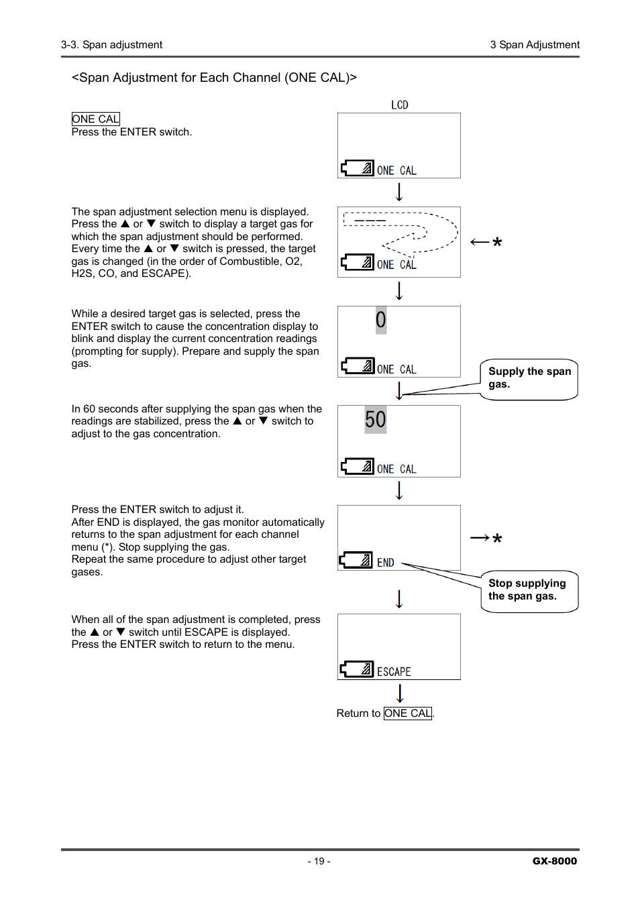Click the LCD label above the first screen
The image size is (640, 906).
click(x=399, y=105)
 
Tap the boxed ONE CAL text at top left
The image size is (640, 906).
click(x=95, y=119)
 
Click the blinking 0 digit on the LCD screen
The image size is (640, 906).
click(x=380, y=320)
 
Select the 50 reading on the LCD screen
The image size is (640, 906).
click(x=376, y=420)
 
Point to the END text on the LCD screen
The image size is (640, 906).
click(x=385, y=563)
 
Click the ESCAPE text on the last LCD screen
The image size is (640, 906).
click(x=394, y=671)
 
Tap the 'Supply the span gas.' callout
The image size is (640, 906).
click(x=529, y=378)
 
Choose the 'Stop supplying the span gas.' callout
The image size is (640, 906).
click(x=529, y=590)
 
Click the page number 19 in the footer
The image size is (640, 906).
click(x=319, y=861)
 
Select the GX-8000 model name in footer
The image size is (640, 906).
click(x=554, y=861)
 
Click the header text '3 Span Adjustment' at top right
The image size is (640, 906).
click(x=535, y=45)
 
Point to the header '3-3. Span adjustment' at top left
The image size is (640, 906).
click(x=111, y=45)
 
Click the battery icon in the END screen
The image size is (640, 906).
click(x=357, y=560)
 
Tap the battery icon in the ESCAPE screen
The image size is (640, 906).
click(x=357, y=669)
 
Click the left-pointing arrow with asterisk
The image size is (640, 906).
click(x=486, y=242)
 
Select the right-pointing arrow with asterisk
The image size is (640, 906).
click(x=486, y=538)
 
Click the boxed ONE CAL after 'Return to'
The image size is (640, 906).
click(x=408, y=713)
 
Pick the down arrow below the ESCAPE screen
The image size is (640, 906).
click(x=400, y=693)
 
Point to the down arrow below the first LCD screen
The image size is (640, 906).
click(x=399, y=192)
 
